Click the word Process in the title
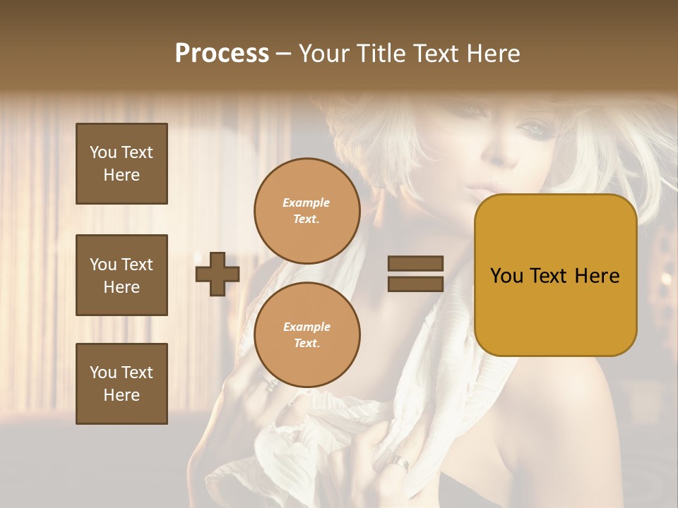tap(222, 54)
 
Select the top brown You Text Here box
tap(121, 164)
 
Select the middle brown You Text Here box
tap(121, 275)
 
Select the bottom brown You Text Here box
tap(121, 384)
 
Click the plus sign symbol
tap(218, 274)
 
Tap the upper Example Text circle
tap(307, 211)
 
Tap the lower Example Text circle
tap(307, 335)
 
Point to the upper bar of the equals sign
tap(415, 264)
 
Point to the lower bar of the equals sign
tap(415, 284)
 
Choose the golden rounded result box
tap(556, 275)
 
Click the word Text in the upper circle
tap(306, 219)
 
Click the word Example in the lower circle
tap(307, 327)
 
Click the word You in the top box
tap(103, 152)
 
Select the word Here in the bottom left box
tap(121, 395)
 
